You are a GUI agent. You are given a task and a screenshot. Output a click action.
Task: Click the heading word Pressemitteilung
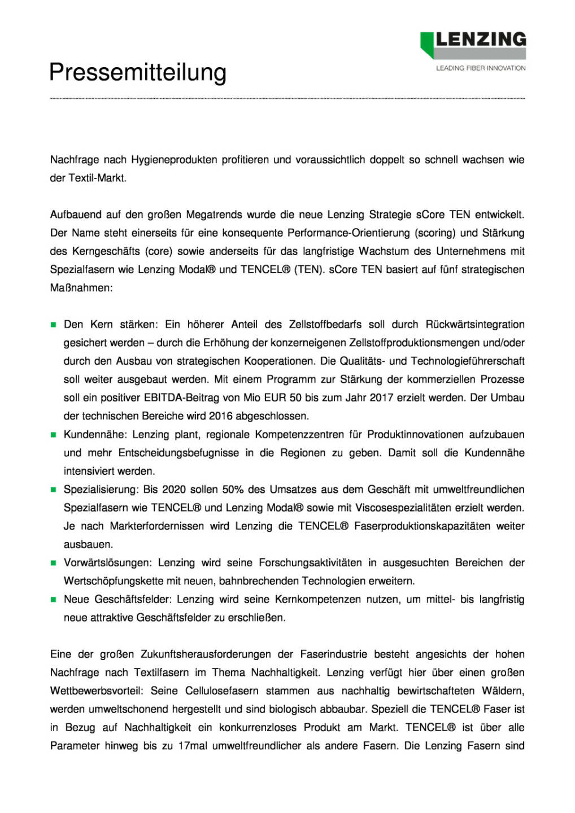138,72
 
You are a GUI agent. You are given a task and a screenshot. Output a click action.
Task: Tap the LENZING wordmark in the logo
480,40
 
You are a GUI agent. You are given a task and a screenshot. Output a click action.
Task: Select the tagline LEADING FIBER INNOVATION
481,68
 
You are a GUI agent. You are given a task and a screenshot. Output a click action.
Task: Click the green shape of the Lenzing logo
426,44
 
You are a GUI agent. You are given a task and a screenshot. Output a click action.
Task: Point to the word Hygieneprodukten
174,160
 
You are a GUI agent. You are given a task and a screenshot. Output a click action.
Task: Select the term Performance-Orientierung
349,233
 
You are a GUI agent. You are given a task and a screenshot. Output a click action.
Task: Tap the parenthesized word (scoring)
435,233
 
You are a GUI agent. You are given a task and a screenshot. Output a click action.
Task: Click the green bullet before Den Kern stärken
54,325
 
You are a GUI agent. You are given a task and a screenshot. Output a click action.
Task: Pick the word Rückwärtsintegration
474,325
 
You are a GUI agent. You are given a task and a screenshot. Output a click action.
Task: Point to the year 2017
381,397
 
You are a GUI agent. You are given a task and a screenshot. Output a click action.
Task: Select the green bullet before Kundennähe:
54,435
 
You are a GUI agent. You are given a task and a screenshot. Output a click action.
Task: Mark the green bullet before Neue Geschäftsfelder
54,600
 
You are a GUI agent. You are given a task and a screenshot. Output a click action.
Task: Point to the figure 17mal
193,746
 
